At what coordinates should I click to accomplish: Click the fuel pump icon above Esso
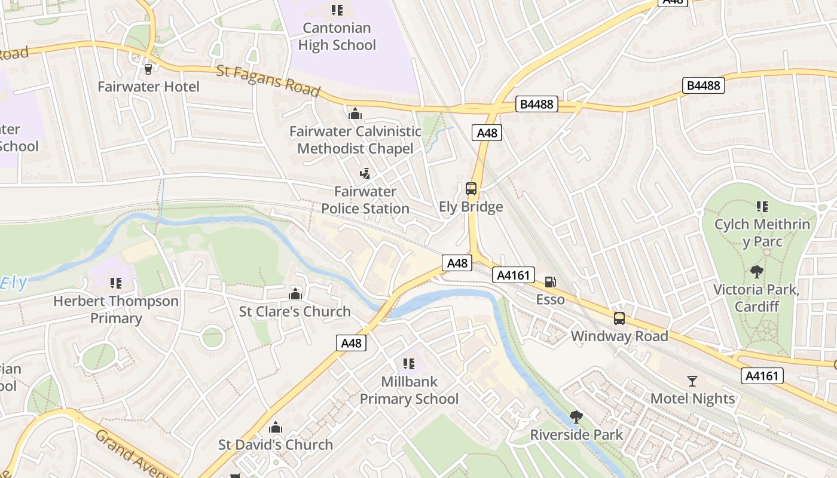click(x=550, y=282)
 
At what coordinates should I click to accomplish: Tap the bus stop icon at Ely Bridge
click(x=471, y=189)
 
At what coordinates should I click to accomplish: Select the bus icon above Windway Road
click(x=619, y=318)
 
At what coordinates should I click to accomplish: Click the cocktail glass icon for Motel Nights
click(x=692, y=381)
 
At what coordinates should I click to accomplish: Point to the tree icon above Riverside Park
click(x=576, y=416)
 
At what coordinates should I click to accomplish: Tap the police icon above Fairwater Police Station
click(x=365, y=174)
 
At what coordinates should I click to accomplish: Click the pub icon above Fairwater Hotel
click(x=148, y=69)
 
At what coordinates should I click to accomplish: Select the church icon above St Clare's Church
click(x=295, y=294)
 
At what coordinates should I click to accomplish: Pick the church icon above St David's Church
click(x=275, y=427)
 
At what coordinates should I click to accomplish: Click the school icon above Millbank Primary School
click(x=409, y=364)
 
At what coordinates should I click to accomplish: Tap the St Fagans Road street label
click(x=268, y=81)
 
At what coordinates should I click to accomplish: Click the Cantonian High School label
click(x=337, y=36)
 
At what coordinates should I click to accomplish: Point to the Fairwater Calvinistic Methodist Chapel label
click(x=355, y=140)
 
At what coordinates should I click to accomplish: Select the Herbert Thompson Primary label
click(x=116, y=310)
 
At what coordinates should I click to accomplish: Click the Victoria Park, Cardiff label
click(x=756, y=298)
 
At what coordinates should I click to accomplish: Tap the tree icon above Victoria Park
click(x=757, y=272)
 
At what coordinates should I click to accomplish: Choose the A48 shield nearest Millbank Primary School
click(x=351, y=343)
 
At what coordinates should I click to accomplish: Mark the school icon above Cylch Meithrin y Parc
click(x=762, y=207)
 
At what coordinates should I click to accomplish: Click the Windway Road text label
click(x=619, y=336)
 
